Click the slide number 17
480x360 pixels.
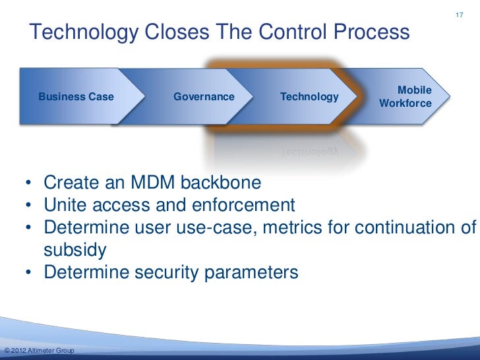[460, 15]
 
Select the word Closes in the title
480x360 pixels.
[179, 32]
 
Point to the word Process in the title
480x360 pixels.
[372, 32]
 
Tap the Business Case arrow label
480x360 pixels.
[76, 97]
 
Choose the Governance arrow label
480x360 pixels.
[204, 97]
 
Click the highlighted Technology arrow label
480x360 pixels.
[309, 97]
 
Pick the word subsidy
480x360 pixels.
[75, 251]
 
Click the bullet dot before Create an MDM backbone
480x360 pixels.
[30, 182]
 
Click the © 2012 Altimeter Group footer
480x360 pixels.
[38, 349]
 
